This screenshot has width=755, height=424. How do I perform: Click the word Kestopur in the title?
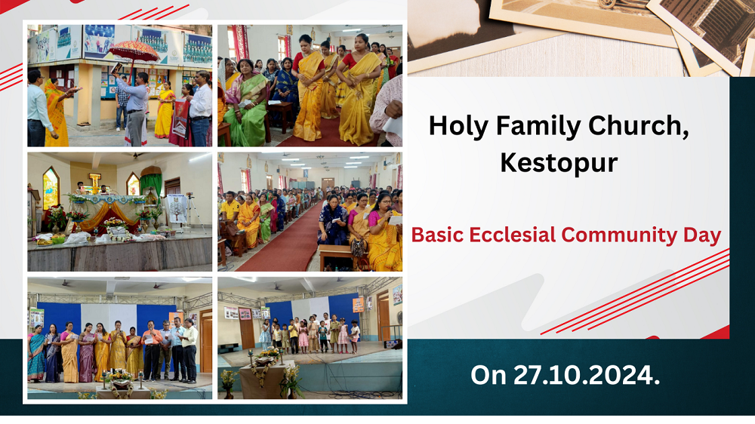(559, 163)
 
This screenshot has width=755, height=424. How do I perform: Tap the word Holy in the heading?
(458, 125)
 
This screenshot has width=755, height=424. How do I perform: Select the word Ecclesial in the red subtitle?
(512, 235)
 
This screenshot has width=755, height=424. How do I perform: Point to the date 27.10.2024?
(587, 375)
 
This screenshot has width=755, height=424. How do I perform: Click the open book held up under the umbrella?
(116, 67)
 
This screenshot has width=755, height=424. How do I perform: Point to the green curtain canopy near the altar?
(151, 181)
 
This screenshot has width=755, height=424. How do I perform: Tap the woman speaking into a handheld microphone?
(384, 231)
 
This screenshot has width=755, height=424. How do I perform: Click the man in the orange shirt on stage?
(153, 349)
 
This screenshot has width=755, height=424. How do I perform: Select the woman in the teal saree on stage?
(36, 354)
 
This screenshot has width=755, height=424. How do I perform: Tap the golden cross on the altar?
(94, 183)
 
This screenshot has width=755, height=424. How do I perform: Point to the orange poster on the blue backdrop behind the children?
(358, 305)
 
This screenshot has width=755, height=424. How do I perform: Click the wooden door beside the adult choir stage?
(206, 341)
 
